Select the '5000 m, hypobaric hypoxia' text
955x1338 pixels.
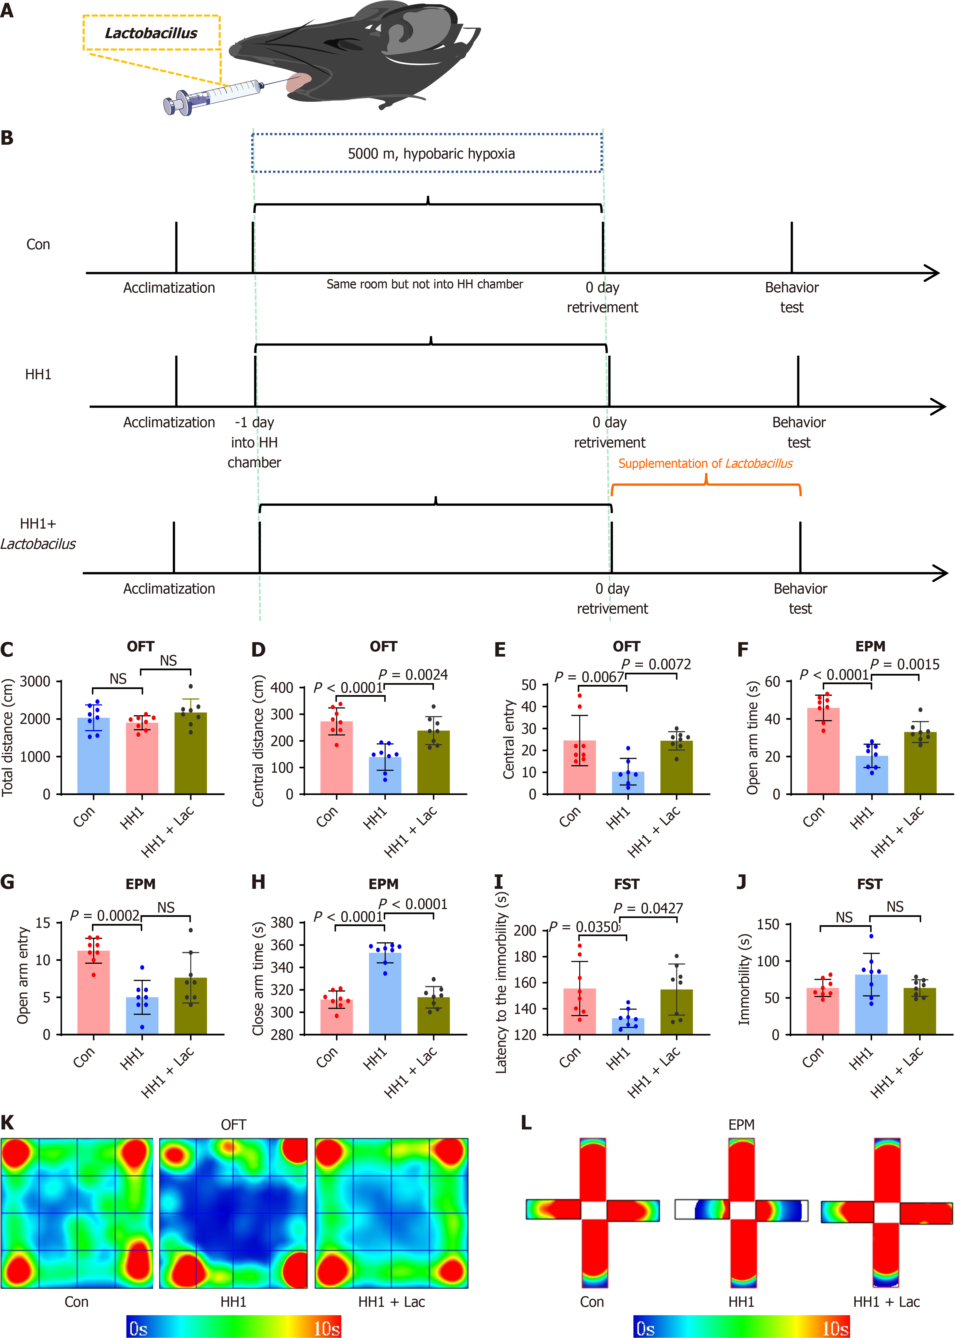coord(431,154)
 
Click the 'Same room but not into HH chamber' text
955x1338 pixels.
coord(424,285)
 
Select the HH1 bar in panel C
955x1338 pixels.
coord(142,758)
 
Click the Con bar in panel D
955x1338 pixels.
coord(336,758)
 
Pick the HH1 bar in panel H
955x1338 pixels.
coord(385,993)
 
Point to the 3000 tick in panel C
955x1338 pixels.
coord(35,681)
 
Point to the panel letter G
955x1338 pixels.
coord(8,882)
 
